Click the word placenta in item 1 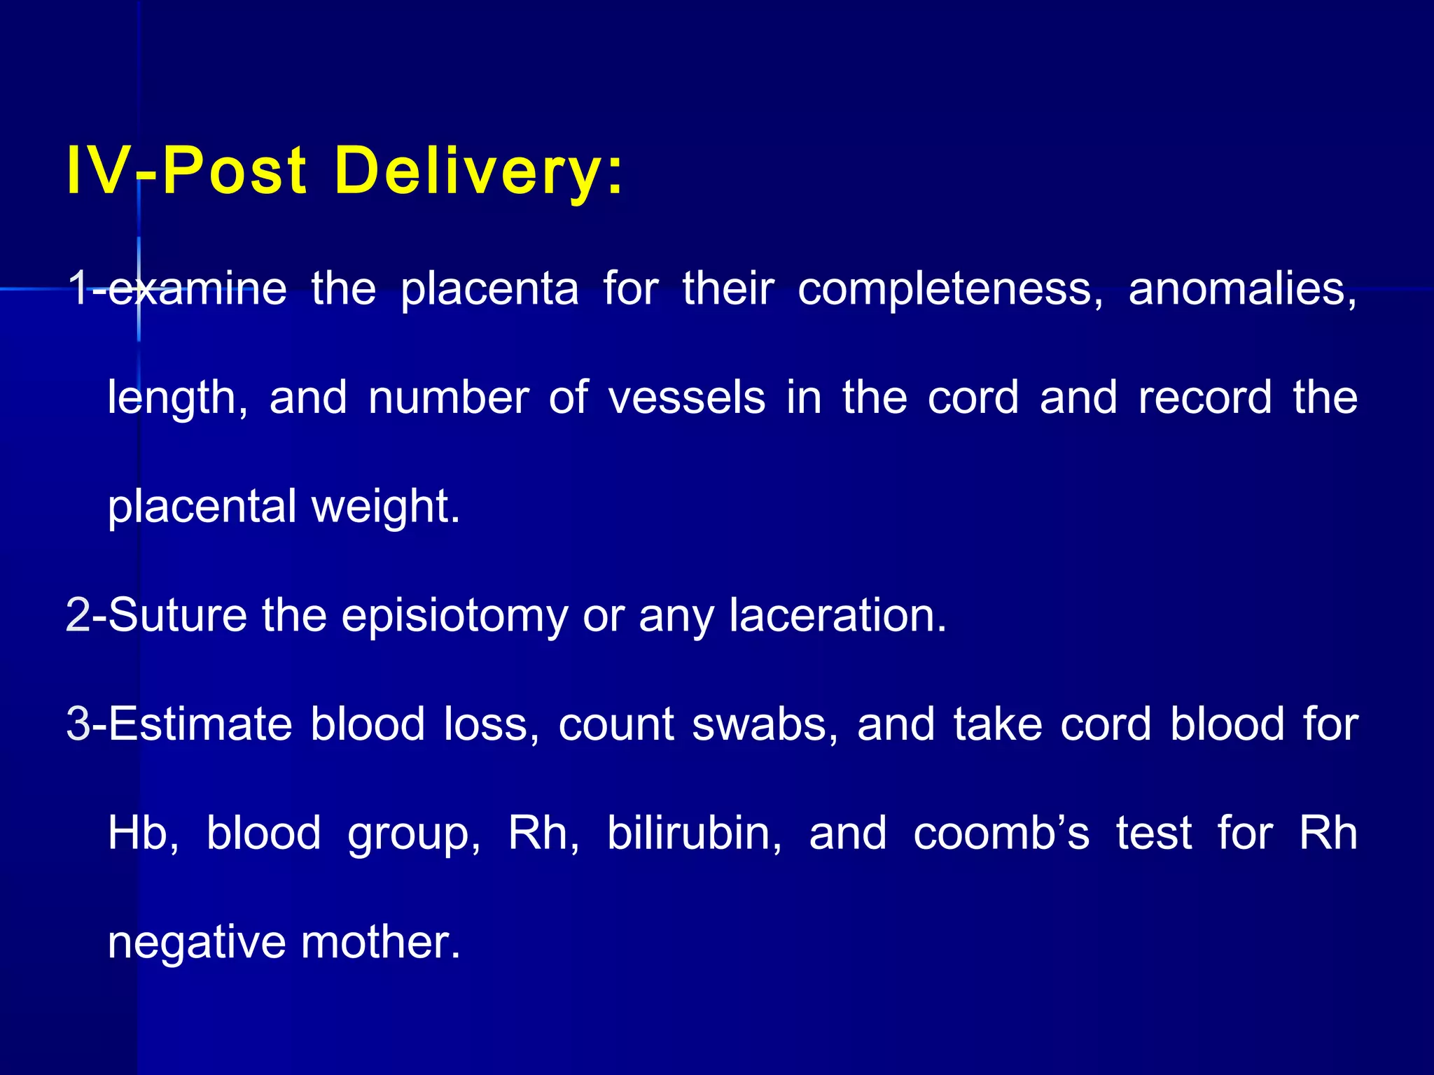pyautogui.click(x=489, y=289)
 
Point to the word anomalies pyautogui.click(x=1242, y=289)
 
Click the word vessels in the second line pyautogui.click(x=686, y=398)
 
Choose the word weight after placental pyautogui.click(x=385, y=507)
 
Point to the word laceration pyautogui.click(x=837, y=615)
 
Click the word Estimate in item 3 pyautogui.click(x=200, y=724)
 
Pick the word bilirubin pyautogui.click(x=694, y=833)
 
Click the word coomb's pyautogui.click(x=1001, y=833)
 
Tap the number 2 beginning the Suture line pyautogui.click(x=78, y=615)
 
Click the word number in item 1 pyautogui.click(x=449, y=398)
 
